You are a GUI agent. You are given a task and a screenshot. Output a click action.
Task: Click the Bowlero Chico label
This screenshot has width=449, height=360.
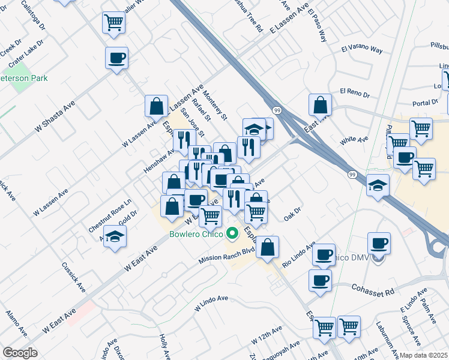pos(196,234)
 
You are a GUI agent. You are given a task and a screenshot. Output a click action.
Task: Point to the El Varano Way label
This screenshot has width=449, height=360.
pos(361,49)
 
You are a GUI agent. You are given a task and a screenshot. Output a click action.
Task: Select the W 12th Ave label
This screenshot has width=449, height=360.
pos(267,335)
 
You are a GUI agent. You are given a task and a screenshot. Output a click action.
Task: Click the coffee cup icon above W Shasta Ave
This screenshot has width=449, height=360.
pos(116,58)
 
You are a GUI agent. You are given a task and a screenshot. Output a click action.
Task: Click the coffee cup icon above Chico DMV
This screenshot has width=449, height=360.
pos(379,243)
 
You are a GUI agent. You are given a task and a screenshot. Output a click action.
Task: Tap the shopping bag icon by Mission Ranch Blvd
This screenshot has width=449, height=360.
pos(267,247)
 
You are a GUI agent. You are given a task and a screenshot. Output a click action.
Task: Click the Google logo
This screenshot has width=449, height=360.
pos(20,353)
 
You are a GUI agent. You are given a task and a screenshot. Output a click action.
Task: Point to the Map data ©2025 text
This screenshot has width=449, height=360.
pos(424,355)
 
